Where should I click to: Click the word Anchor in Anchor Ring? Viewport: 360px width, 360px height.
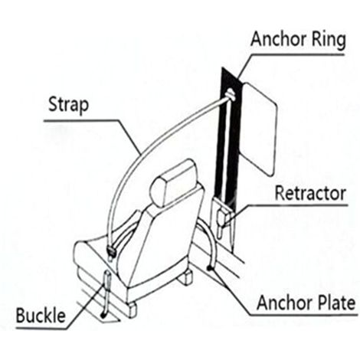pos(279,39)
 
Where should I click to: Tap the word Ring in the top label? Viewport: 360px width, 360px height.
pos(329,41)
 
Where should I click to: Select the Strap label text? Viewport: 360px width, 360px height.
pos(69,105)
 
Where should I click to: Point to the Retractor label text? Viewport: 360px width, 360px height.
pos(310,193)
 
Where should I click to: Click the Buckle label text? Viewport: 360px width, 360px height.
pos(41,316)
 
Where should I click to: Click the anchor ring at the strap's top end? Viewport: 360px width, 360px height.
pos(230,95)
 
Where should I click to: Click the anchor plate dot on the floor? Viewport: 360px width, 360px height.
pos(209,268)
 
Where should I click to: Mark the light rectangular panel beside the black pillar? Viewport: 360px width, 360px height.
pos(258,129)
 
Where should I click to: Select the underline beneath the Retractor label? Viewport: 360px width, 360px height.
pos(297,205)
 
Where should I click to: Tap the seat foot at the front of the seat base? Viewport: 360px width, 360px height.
pos(132,309)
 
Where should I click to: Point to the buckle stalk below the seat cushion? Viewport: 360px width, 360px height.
pos(106,293)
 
